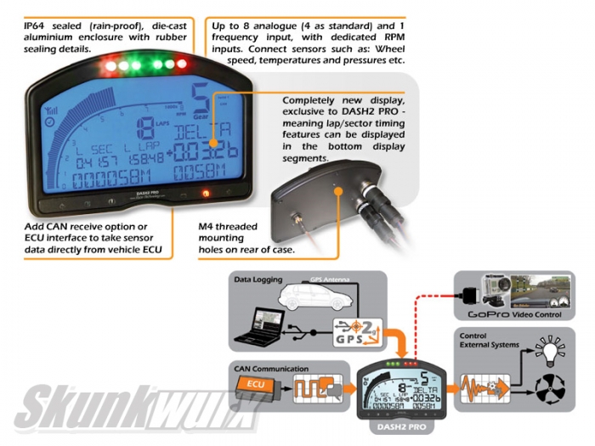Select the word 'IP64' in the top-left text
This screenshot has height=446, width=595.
click(36, 26)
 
